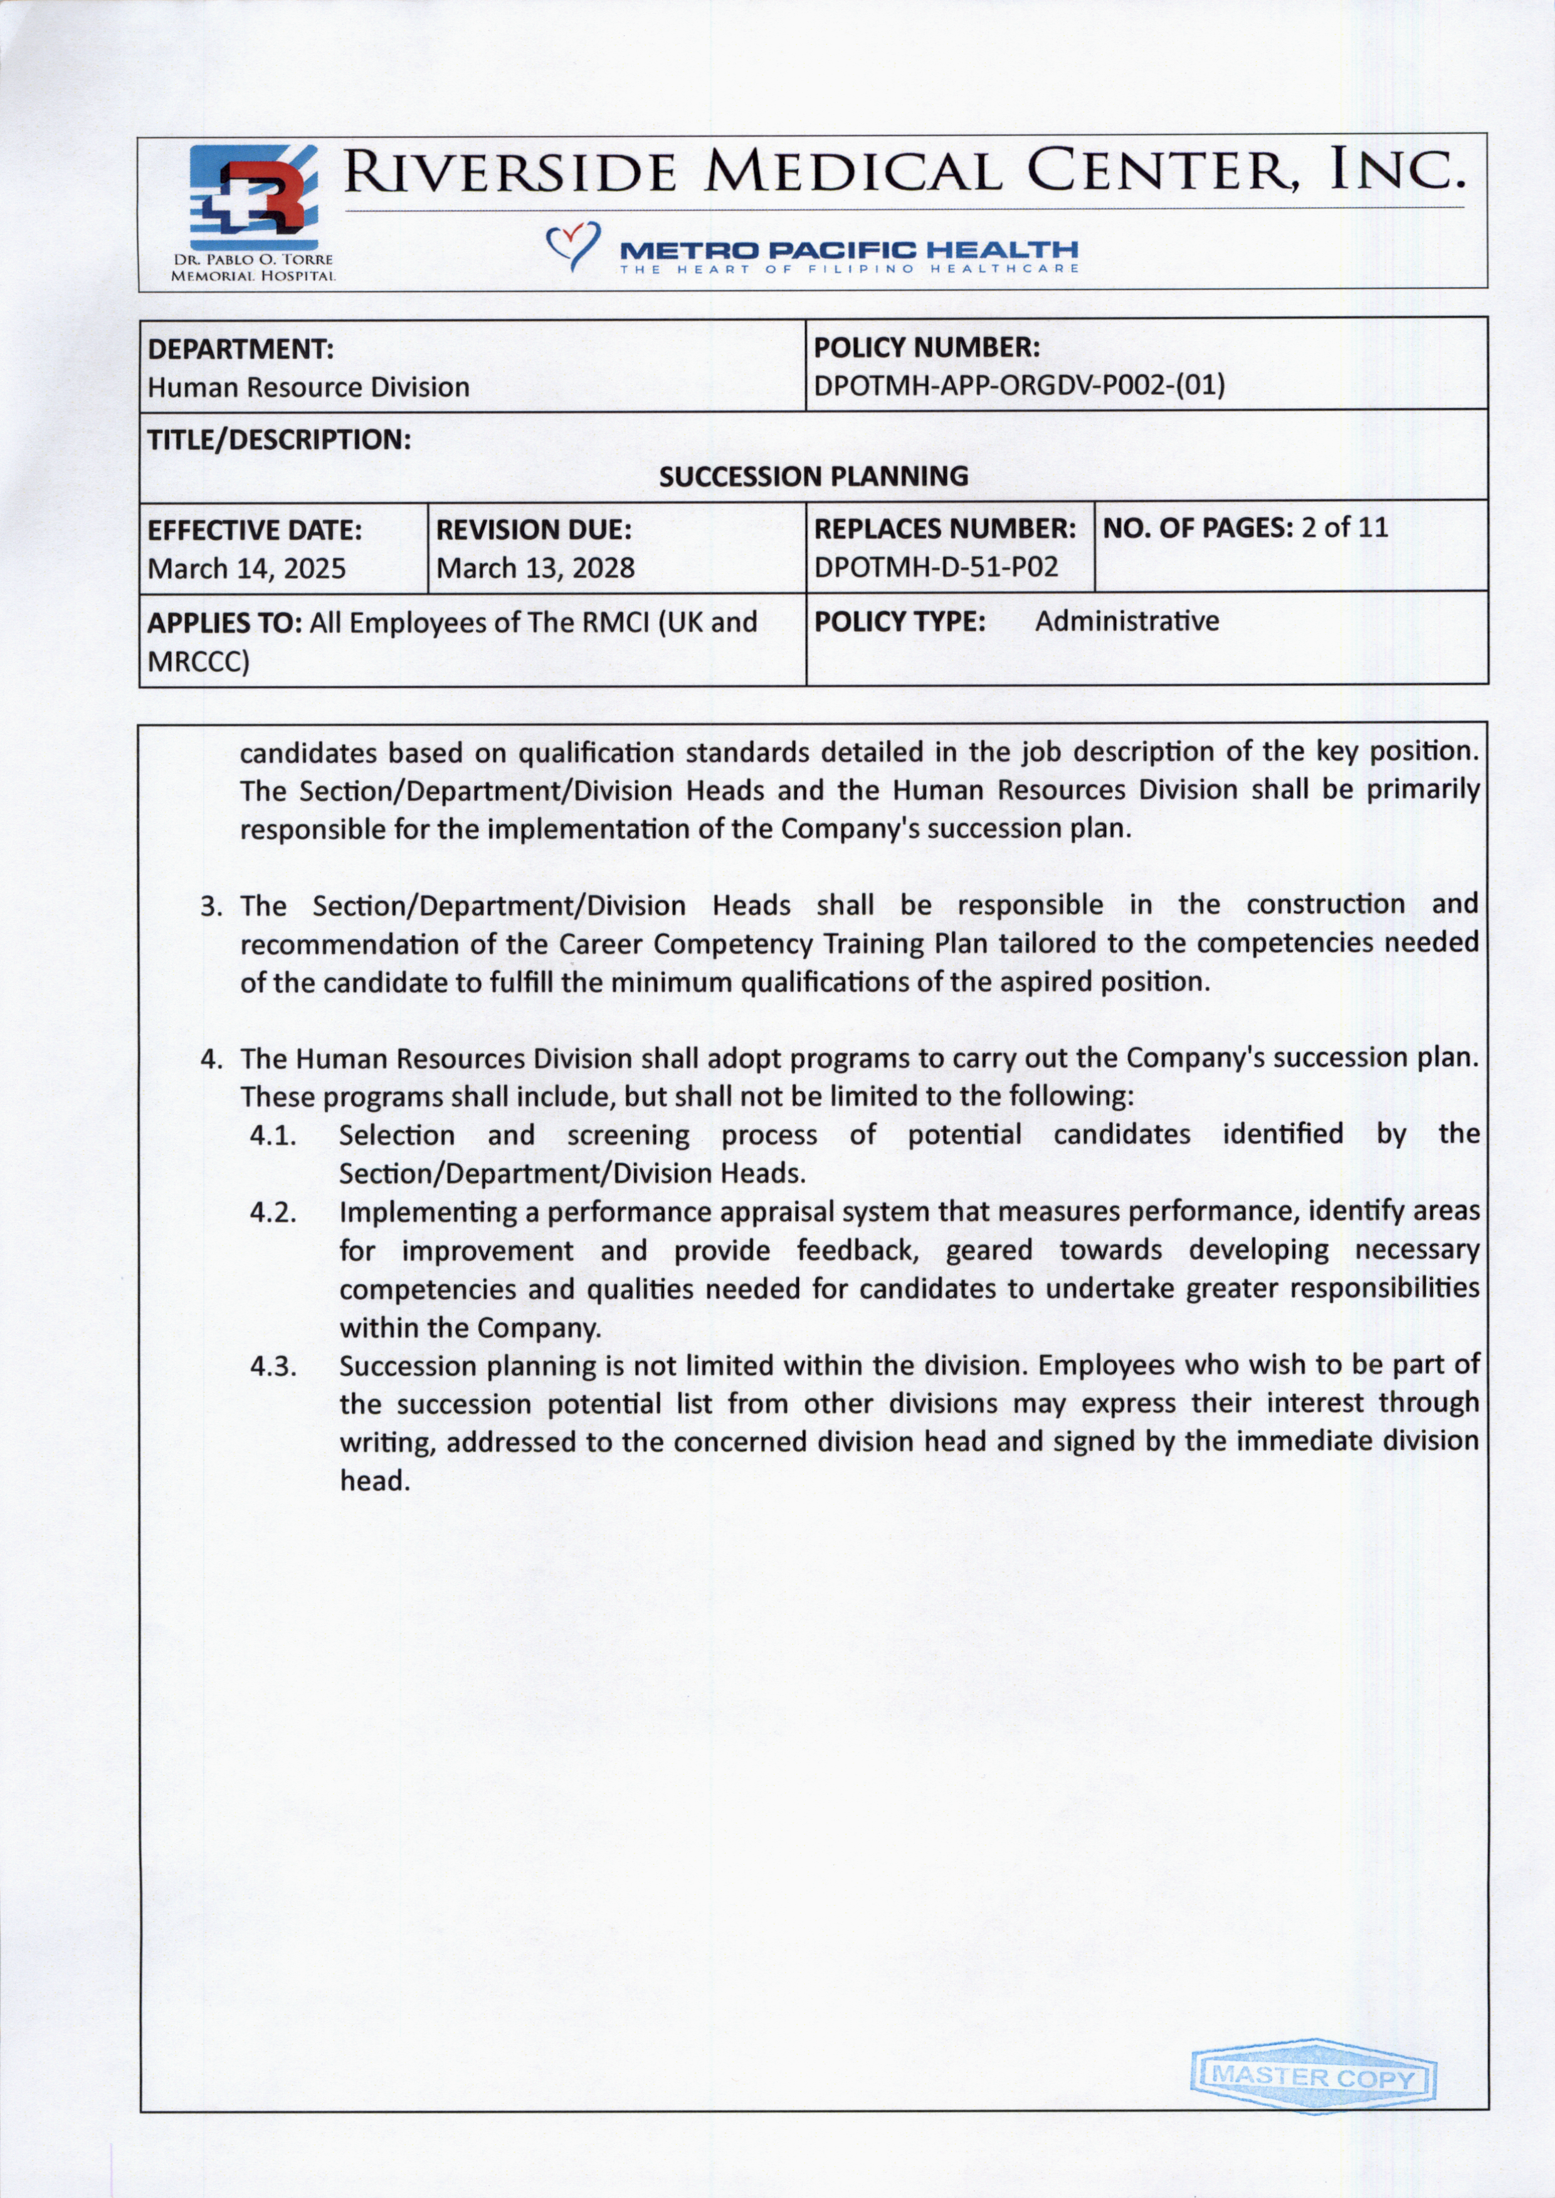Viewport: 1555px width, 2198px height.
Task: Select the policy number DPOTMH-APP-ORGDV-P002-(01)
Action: tap(1019, 386)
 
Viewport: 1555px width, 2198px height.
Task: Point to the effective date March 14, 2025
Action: tap(246, 568)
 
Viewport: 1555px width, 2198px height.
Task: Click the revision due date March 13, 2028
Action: tap(535, 568)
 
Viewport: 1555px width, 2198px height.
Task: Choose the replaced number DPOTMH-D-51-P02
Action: tap(936, 567)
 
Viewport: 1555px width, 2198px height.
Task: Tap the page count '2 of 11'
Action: tap(1344, 528)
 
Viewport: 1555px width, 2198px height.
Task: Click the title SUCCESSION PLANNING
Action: tap(814, 476)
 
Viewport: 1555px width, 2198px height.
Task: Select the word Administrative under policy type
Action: tap(1126, 621)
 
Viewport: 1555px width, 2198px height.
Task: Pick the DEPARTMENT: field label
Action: tap(240, 348)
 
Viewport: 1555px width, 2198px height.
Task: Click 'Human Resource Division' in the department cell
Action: tap(308, 387)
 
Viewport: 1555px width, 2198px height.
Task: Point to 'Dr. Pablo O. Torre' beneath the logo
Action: tap(253, 260)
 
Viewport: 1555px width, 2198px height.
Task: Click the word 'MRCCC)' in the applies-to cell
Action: tap(198, 662)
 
